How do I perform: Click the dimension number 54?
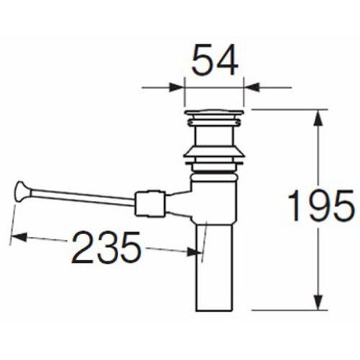(x=215, y=60)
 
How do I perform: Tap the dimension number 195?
(x=321, y=205)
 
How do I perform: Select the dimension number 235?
(x=106, y=248)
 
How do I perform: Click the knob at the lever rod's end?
(x=22, y=192)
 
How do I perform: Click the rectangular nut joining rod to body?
(x=150, y=203)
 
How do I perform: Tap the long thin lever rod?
(x=82, y=197)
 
